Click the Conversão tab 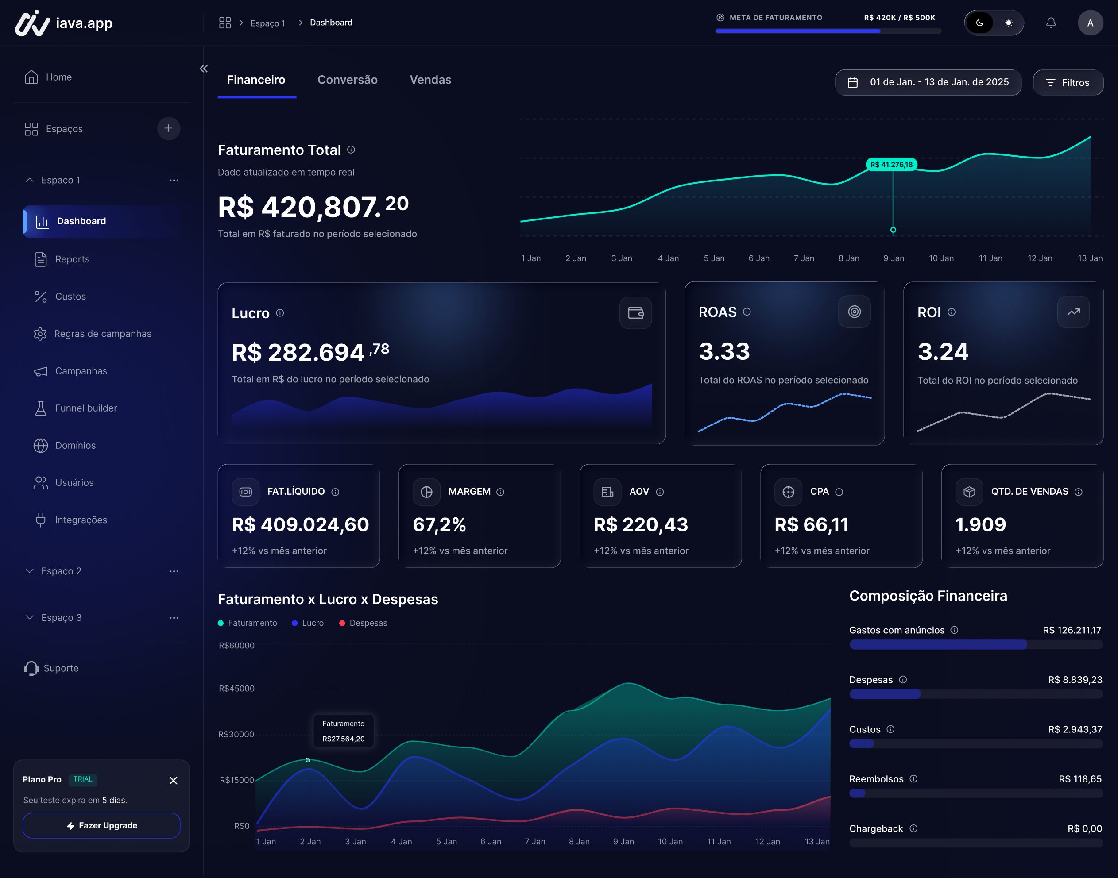(x=347, y=80)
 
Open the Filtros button (x=1068, y=82)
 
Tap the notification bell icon (x=1051, y=23)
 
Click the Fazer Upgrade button (x=101, y=825)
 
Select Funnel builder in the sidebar (x=86, y=408)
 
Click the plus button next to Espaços (x=168, y=128)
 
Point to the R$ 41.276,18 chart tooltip (x=891, y=165)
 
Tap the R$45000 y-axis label (x=236, y=688)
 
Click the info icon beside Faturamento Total (x=351, y=150)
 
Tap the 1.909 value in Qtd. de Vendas (x=980, y=524)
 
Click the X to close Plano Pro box (x=173, y=780)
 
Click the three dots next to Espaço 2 (x=174, y=571)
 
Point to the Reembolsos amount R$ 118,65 (x=1079, y=779)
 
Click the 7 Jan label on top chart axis (x=803, y=258)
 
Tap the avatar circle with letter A (x=1090, y=23)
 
